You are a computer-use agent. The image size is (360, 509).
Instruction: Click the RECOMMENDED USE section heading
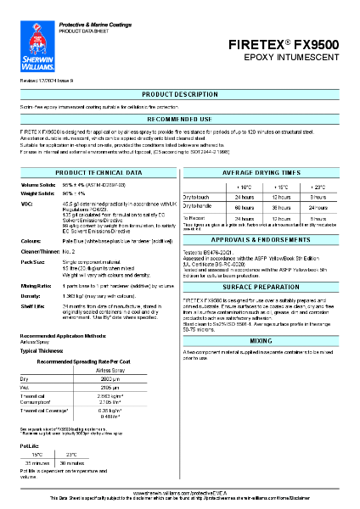coord(179,120)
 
